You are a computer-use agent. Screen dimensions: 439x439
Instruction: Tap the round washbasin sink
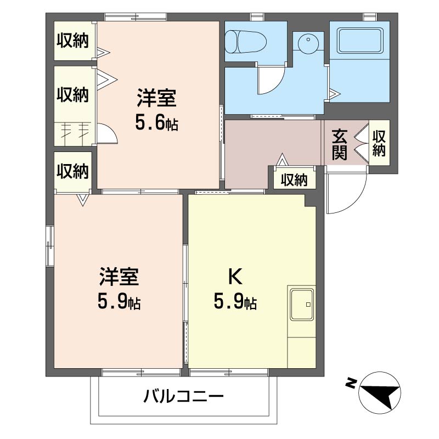point(308,42)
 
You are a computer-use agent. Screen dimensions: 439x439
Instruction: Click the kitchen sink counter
point(301,304)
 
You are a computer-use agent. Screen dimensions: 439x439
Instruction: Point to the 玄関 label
point(340,144)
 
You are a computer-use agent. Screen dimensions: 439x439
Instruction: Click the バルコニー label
point(184,396)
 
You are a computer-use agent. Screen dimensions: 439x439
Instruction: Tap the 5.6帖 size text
point(156,123)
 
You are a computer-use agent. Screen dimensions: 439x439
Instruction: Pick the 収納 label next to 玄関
point(379,143)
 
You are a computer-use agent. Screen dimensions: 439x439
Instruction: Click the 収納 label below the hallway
point(294,180)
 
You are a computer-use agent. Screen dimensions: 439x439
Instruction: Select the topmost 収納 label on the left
point(73,41)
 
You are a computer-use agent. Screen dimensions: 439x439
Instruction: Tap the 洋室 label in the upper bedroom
point(156,99)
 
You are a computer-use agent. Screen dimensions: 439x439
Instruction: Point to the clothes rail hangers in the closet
point(75,130)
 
